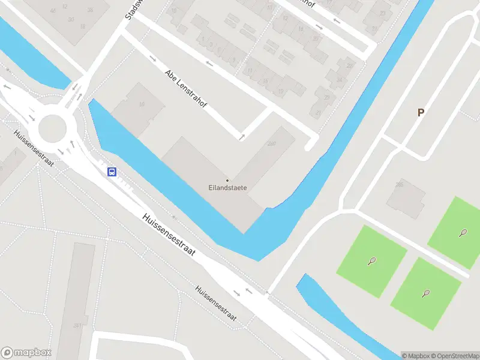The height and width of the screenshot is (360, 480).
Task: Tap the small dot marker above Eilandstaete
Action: tap(227, 180)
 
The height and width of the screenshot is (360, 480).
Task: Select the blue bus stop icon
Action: tap(112, 172)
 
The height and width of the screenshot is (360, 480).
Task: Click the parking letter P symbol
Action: tap(421, 112)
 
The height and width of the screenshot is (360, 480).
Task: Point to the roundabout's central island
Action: tap(52, 128)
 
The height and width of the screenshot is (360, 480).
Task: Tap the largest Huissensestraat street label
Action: tap(169, 236)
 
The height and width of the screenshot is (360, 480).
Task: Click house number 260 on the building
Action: tap(271, 143)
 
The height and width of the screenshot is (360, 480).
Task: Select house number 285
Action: tap(400, 185)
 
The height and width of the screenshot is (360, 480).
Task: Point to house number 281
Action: tap(77, 325)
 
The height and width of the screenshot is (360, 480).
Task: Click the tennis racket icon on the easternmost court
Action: tap(463, 232)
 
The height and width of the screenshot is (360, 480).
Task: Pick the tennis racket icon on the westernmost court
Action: tap(372, 260)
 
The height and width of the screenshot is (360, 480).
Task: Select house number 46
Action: tap(53, 10)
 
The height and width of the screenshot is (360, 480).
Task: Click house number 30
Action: tap(71, 19)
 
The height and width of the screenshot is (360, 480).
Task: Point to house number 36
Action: tap(90, 10)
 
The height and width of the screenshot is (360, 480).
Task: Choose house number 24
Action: tap(339, 80)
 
